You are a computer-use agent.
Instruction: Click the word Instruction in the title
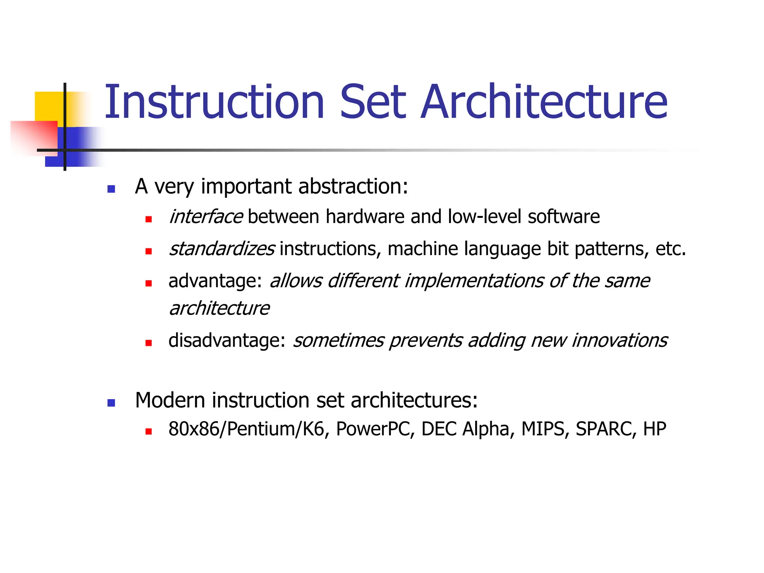[214, 102]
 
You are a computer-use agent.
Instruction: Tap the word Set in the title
[373, 102]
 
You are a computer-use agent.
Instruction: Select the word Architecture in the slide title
[544, 102]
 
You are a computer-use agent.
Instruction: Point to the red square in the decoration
[34, 136]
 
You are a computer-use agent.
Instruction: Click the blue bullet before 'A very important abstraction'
[111, 189]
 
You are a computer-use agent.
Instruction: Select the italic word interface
[206, 217]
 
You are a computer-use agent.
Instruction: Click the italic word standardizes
[222, 249]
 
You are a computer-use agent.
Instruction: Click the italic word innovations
[619, 341]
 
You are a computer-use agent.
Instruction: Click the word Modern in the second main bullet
[170, 400]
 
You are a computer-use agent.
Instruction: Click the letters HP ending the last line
[655, 429]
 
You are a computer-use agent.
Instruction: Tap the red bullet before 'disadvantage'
[148, 343]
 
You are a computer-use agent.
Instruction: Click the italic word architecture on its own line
[219, 309]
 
